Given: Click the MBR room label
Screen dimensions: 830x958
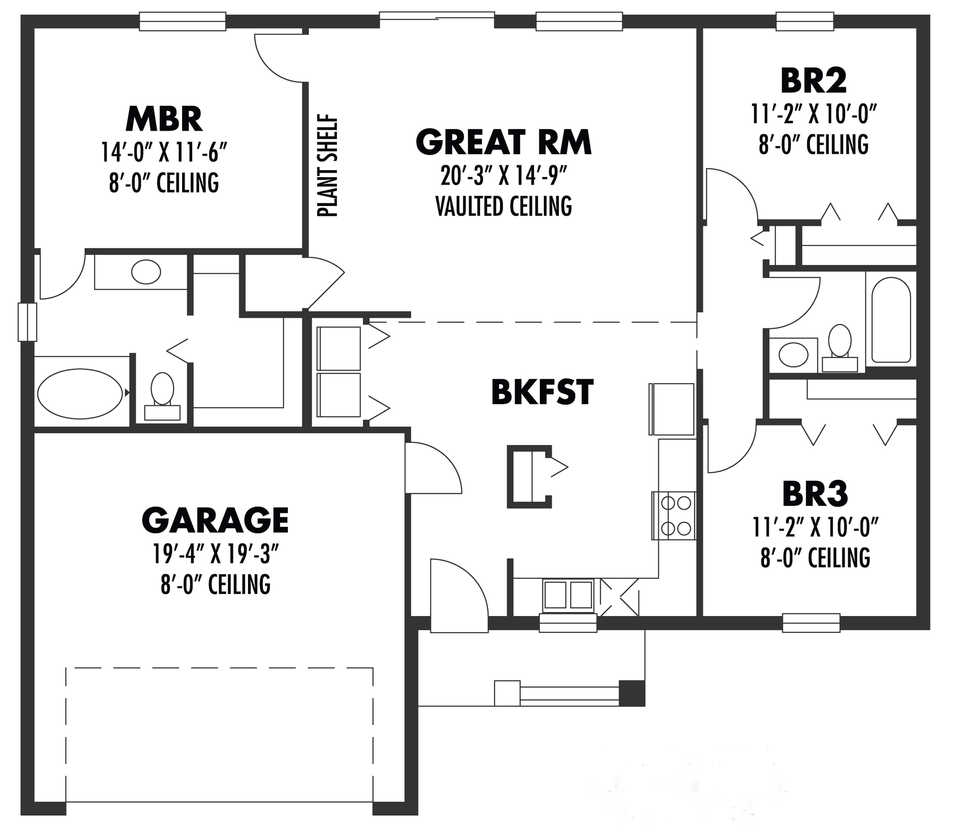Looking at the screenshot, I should [x=164, y=119].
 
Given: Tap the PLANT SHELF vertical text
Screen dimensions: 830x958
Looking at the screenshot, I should [x=328, y=166].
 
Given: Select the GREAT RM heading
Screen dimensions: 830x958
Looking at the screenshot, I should [x=503, y=142].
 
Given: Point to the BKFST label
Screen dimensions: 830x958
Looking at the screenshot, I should [x=542, y=392].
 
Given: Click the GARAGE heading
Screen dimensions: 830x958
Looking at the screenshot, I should [x=215, y=520].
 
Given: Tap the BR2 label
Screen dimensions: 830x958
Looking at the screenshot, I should [x=813, y=81].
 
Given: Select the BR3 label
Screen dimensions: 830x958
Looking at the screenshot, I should [x=815, y=494].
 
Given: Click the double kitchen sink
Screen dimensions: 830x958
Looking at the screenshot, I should [x=568, y=595].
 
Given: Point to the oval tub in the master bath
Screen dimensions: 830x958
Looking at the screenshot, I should [x=80, y=394].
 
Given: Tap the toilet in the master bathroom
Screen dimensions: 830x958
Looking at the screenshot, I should [x=162, y=394].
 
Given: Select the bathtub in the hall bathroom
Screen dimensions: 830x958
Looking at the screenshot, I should [x=891, y=320].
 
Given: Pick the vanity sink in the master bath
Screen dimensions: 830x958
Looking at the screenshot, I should [x=146, y=272].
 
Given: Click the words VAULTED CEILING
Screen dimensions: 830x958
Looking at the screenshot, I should [x=503, y=206].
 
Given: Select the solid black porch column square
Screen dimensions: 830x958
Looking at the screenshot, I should [x=632, y=693].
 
